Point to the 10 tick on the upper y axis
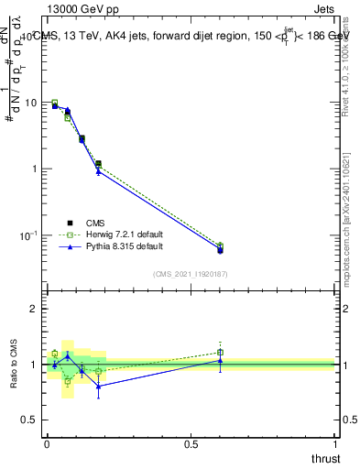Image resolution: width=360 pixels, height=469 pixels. (x=30, y=103)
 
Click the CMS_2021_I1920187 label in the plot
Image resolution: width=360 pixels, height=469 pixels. (x=191, y=273)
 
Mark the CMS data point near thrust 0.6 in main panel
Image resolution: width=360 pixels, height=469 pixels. (x=220, y=250)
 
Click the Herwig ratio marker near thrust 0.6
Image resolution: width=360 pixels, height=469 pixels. (x=220, y=352)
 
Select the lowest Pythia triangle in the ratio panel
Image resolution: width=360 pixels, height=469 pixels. (x=98, y=386)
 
